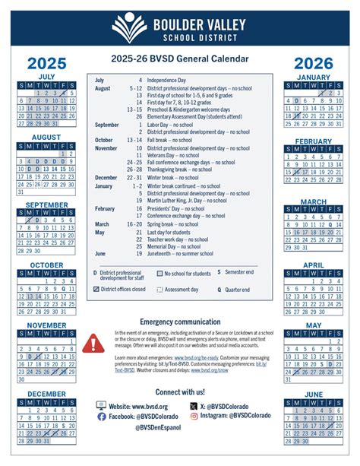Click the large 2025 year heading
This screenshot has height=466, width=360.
pyautogui.click(x=46, y=63)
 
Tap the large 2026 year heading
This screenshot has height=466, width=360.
pyautogui.click(x=313, y=63)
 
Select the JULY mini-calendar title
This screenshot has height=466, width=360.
pyautogui.click(x=46, y=76)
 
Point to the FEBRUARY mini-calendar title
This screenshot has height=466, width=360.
pyautogui.click(x=313, y=141)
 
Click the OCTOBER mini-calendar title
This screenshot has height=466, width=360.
pyautogui.click(x=46, y=265)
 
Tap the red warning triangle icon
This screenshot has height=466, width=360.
pyautogui.click(x=96, y=343)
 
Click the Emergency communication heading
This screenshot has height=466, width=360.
pyautogui.click(x=180, y=322)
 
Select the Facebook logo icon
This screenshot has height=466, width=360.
pyautogui.click(x=102, y=416)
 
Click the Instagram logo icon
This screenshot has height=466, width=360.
pyautogui.click(x=194, y=416)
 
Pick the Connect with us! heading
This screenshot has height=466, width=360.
pyautogui.click(x=180, y=392)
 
